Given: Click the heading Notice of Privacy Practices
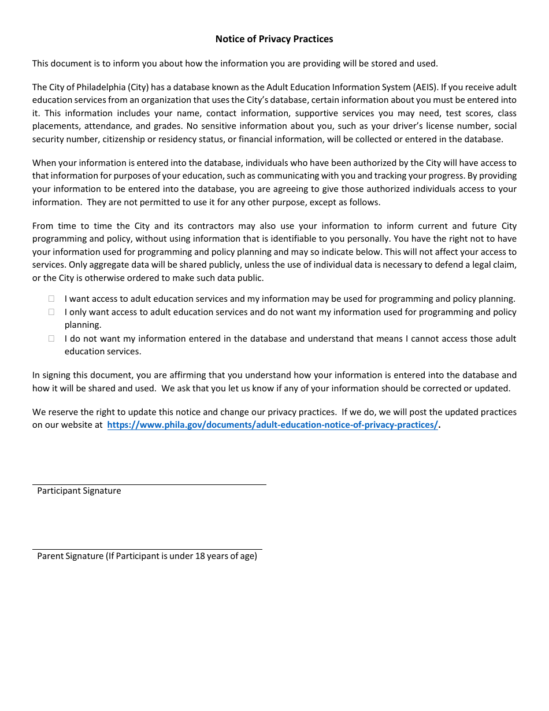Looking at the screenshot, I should point(274,39).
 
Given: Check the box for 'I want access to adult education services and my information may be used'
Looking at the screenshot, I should point(51,299).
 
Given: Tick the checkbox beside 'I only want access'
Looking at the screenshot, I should point(51,312).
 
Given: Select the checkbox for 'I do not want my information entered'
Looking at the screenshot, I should point(51,339).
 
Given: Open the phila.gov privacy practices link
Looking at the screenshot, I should point(273,425).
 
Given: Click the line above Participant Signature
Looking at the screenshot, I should point(149,484).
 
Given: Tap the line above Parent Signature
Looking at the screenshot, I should point(147,549).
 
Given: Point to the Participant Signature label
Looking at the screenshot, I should point(79,491).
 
